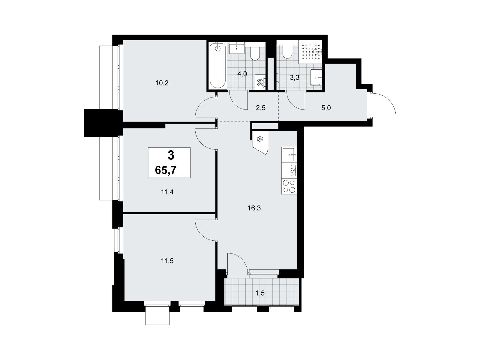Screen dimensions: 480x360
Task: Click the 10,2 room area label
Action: pyautogui.click(x=162, y=83)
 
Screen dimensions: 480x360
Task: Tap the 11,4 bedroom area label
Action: pyautogui.click(x=167, y=192)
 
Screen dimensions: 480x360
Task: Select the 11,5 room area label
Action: pyautogui.click(x=167, y=261)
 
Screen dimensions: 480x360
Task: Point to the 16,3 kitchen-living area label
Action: pyautogui.click(x=254, y=208)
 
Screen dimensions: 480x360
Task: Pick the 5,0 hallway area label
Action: pyautogui.click(x=326, y=108)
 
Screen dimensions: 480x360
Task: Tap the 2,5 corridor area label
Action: pyautogui.click(x=261, y=108)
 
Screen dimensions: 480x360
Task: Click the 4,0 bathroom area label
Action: pyautogui.click(x=242, y=74)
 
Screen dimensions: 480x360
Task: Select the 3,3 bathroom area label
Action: pyautogui.click(x=295, y=77)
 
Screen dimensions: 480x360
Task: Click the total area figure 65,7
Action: pyautogui.click(x=166, y=170)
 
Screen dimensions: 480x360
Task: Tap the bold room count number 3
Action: pyautogui.click(x=171, y=155)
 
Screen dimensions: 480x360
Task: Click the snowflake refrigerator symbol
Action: pyautogui.click(x=260, y=139)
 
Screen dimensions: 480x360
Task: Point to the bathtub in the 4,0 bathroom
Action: pyautogui.click(x=217, y=66)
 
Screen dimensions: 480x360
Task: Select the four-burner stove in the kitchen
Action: pyautogui.click(x=289, y=186)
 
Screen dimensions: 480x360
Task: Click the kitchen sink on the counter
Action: pyautogui.click(x=289, y=154)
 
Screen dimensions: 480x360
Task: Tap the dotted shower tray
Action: pyautogui.click(x=310, y=52)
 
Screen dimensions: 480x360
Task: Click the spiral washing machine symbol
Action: pyautogui.click(x=260, y=82)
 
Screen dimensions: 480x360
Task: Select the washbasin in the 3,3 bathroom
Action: pyautogui.click(x=316, y=77)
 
